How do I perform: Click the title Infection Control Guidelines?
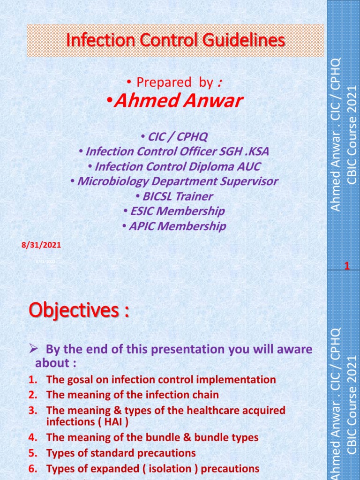tap(175, 40)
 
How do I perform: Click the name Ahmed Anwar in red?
tap(175, 101)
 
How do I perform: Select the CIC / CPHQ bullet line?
tap(174, 137)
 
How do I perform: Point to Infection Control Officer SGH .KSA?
tap(174, 152)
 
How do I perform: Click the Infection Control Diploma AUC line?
tap(174, 166)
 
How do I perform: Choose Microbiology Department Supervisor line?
tap(174, 181)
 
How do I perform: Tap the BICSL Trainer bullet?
tap(174, 196)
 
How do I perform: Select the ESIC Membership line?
tap(174, 211)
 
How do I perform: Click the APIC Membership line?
tap(174, 226)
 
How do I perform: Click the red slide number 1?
tap(347, 266)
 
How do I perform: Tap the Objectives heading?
tap(79, 310)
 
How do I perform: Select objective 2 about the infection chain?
tap(132, 395)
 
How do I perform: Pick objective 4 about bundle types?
tap(152, 438)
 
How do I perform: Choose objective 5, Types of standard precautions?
tap(120, 453)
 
